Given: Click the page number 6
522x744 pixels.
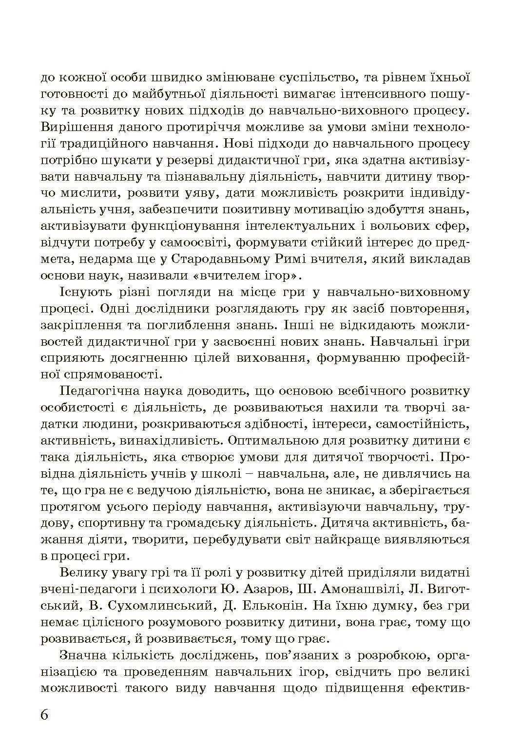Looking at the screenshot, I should pyautogui.click(x=45, y=715).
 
